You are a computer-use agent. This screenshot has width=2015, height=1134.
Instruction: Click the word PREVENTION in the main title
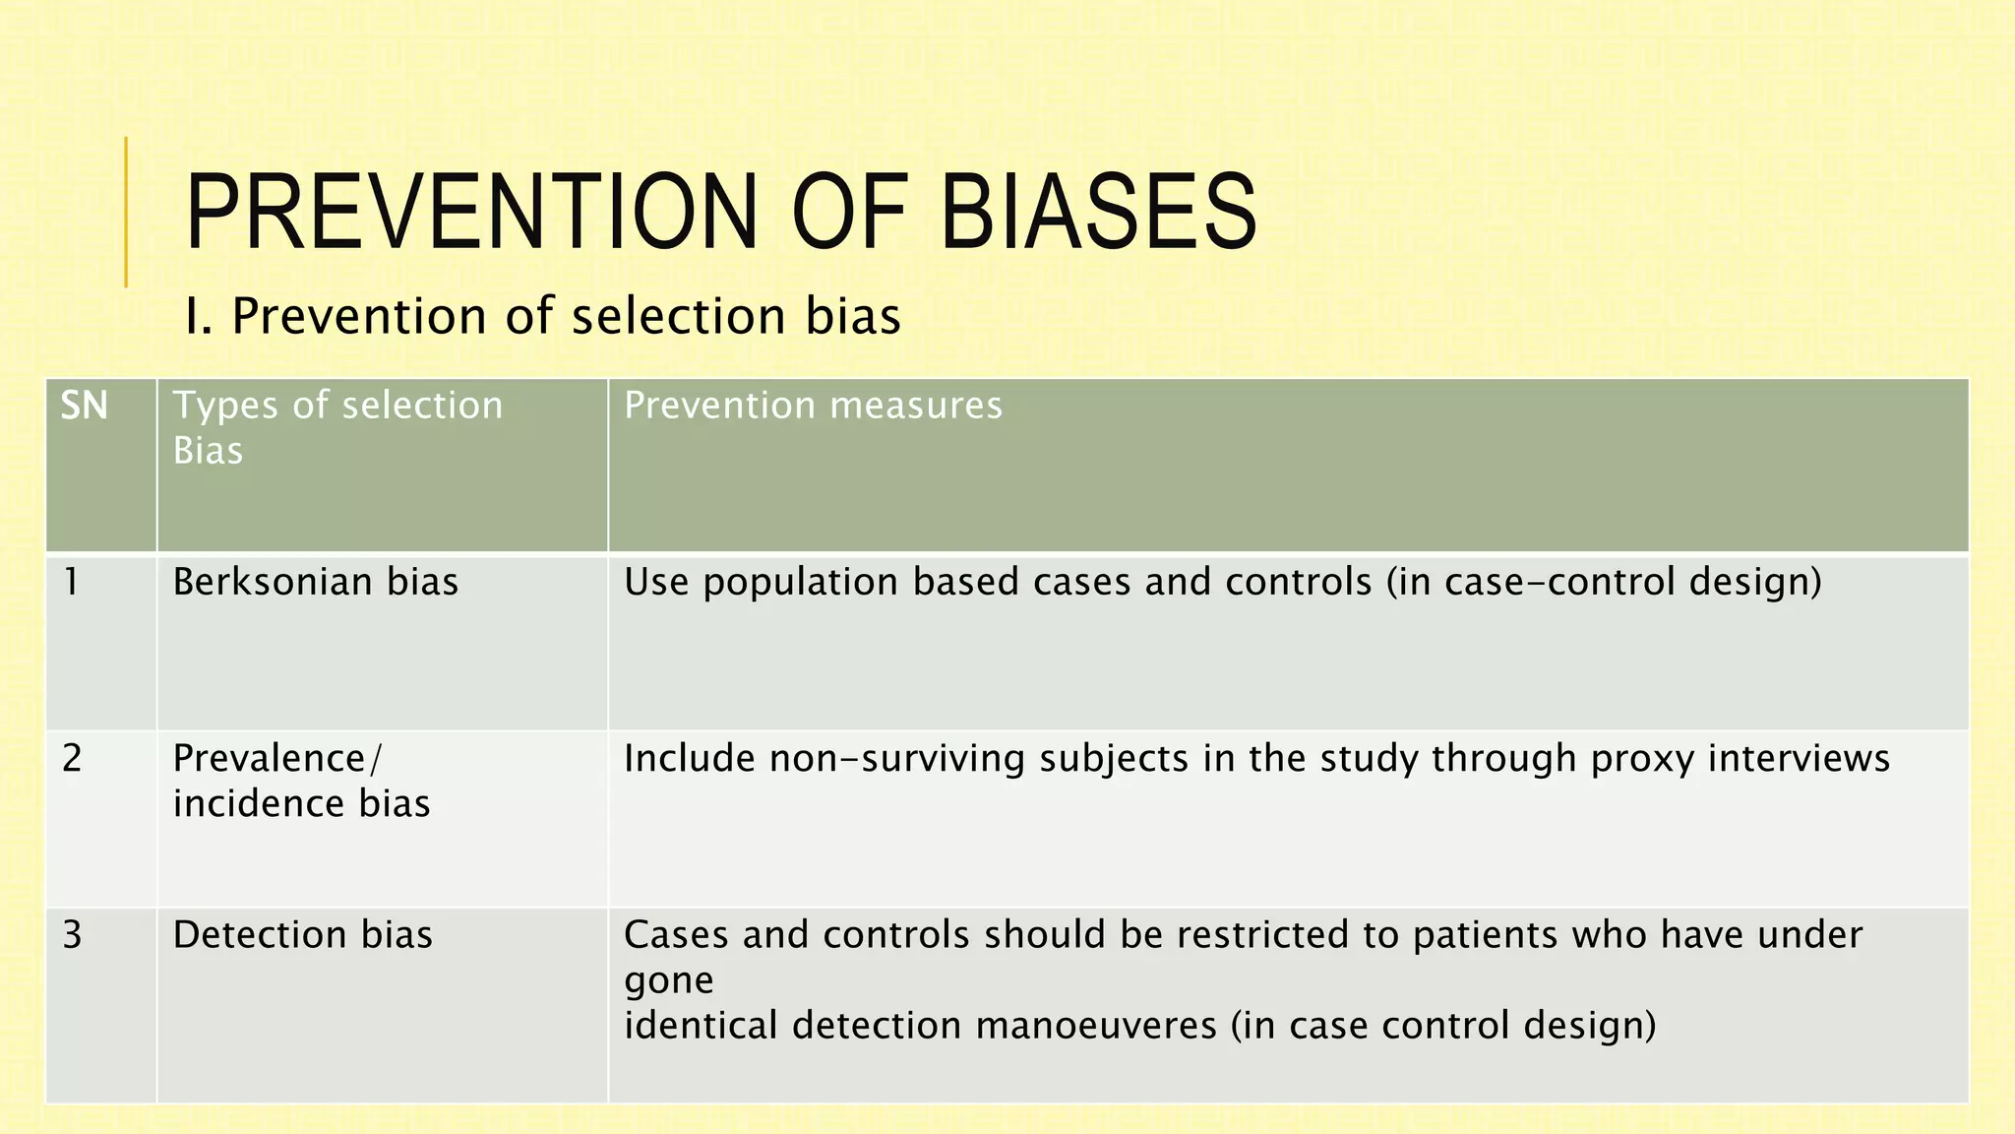click(x=471, y=212)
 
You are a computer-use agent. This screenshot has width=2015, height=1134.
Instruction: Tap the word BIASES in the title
click(x=1098, y=212)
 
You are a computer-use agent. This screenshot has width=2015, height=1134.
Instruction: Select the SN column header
click(x=85, y=406)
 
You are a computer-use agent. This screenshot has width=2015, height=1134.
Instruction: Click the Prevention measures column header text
click(x=813, y=406)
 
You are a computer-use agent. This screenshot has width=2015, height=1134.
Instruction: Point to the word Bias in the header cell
click(x=208, y=451)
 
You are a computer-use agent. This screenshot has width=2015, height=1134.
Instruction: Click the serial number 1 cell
click(x=72, y=582)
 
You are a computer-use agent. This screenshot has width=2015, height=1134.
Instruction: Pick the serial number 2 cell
click(x=72, y=758)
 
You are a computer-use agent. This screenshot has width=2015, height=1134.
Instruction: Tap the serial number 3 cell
click(x=72, y=934)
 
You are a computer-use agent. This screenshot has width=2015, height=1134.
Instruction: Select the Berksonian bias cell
click(x=315, y=582)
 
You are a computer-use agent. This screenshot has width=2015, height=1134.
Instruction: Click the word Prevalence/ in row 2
click(x=277, y=758)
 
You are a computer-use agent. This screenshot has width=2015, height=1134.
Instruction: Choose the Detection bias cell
click(x=302, y=934)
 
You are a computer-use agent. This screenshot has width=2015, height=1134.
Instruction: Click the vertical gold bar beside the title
click(x=126, y=212)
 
